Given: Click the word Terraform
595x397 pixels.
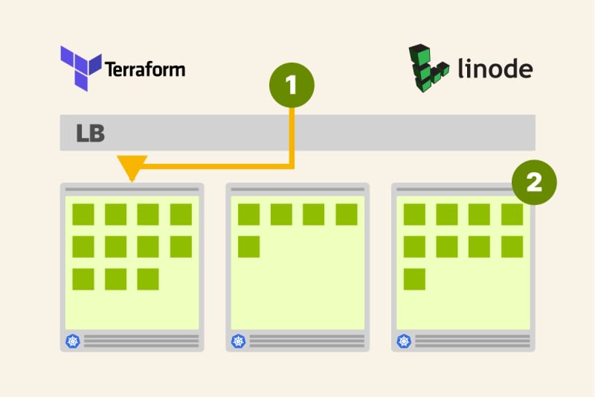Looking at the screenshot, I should coord(145,70).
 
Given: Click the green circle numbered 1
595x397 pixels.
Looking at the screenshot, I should coord(292,86).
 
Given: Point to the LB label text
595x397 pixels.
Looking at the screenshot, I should coord(91,134).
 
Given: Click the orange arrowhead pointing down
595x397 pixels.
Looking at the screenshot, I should coord(132,168).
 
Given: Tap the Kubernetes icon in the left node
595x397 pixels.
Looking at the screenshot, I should coord(72,341).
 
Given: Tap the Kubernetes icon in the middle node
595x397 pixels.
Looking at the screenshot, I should coord(238,341).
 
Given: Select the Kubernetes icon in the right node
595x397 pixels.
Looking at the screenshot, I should coord(404,341).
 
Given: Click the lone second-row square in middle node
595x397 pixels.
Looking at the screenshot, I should coord(249,247).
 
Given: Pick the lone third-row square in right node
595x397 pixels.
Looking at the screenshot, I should coord(415,279).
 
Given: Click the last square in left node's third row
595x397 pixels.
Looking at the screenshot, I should coord(148,279).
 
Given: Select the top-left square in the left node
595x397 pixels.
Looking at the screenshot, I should coord(83,215).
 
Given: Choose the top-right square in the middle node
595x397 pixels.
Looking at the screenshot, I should coord(347,215).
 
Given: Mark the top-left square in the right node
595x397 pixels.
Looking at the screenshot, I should coord(415,215).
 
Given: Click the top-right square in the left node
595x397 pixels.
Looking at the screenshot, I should coord(181,215).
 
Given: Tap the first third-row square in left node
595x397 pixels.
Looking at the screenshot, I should coord(83,279).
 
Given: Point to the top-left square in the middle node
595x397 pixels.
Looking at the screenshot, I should coord(249,215).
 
